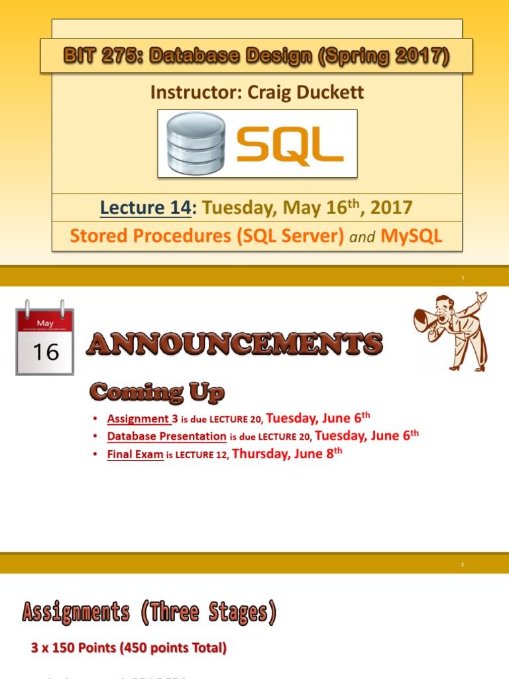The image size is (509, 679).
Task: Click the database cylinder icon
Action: pos(197,143)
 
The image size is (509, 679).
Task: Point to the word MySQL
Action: pos(411,236)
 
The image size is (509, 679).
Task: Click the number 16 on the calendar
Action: pos(46,351)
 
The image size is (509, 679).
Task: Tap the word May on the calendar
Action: pos(45,324)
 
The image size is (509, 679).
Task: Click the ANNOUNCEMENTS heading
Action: pos(235,344)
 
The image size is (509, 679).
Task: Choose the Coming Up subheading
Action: pos(157,393)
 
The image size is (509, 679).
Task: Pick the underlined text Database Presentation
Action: pos(166,436)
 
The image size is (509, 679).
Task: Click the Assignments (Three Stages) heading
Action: pos(149,612)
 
